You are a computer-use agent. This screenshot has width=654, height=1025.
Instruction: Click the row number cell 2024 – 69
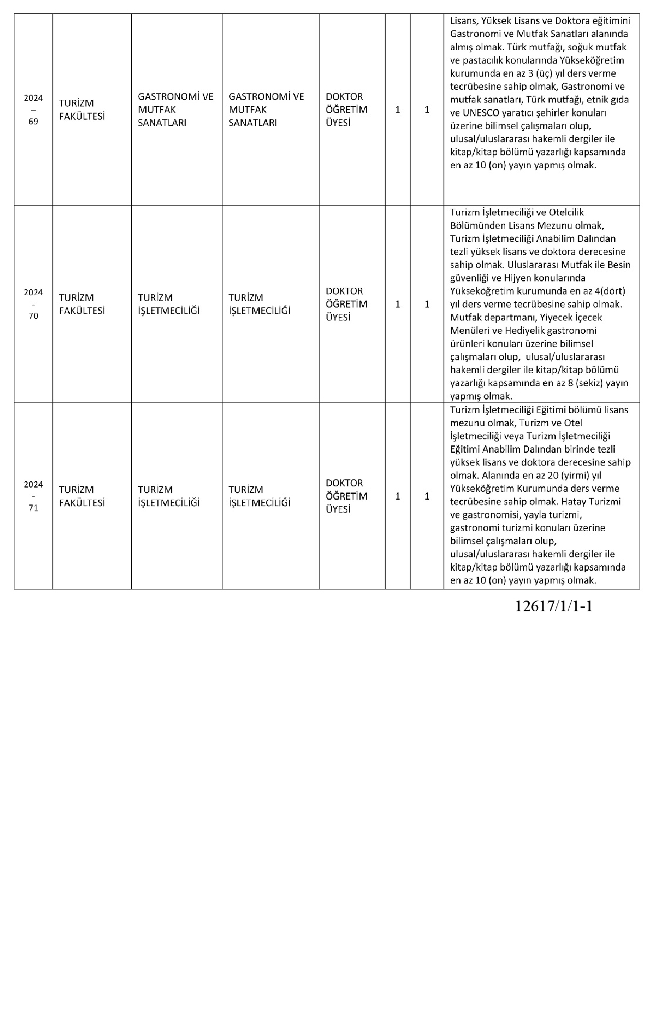(x=33, y=109)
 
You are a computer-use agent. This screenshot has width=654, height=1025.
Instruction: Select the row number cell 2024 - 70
(x=33, y=304)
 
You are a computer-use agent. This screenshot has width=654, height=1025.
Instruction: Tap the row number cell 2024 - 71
(x=33, y=496)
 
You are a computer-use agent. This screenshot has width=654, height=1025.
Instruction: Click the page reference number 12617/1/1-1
(x=554, y=606)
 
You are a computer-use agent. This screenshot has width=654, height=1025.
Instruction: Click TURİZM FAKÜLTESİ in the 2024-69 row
(x=82, y=109)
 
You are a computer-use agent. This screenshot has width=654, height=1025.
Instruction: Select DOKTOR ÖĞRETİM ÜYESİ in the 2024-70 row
(x=346, y=304)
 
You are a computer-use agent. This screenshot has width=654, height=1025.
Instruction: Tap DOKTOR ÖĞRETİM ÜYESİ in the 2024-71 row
(x=346, y=496)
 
